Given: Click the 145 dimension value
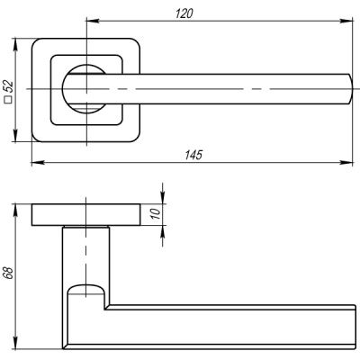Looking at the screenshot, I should [190, 155].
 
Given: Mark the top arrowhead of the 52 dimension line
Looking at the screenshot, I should [17, 40].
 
